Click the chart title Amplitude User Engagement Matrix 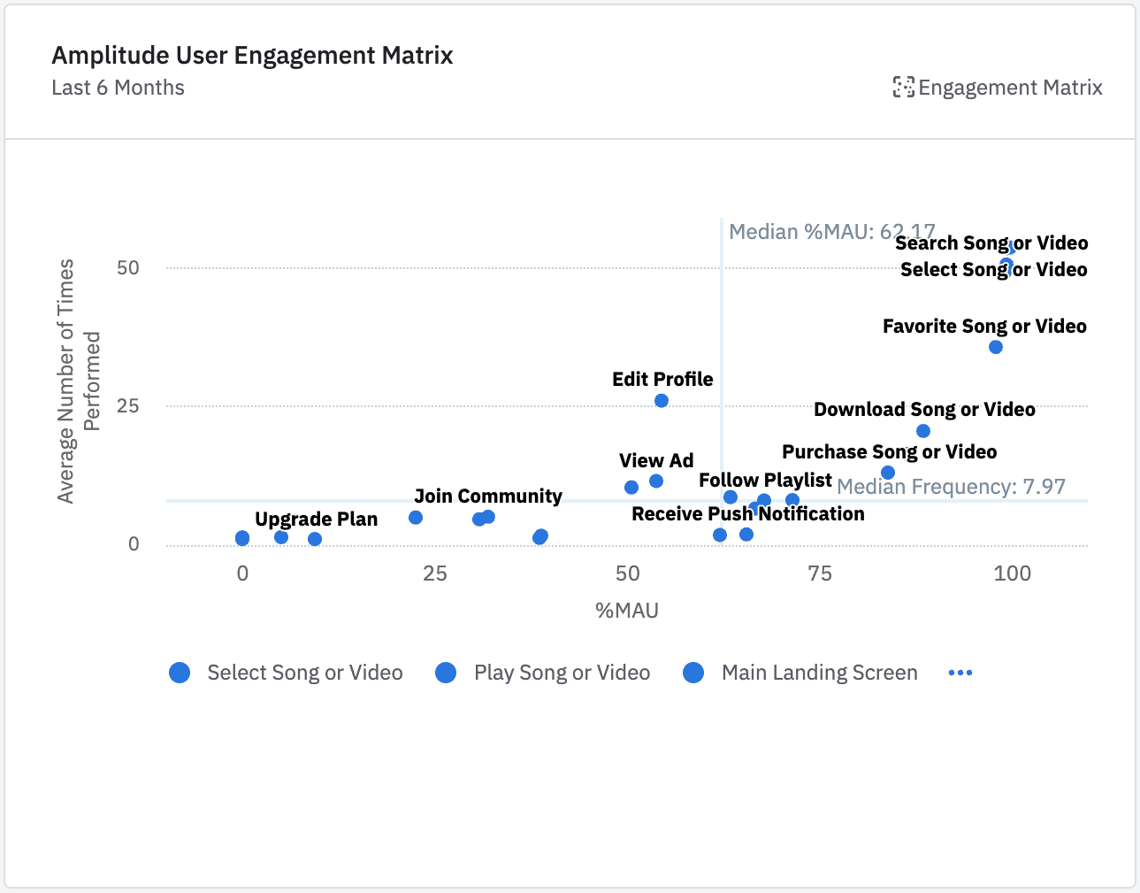coord(252,56)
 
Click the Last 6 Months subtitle coord(118,88)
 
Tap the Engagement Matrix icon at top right coord(903,87)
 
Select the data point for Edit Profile coord(662,401)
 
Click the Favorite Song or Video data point coord(996,347)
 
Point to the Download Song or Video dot coord(923,431)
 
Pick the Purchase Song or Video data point coord(888,473)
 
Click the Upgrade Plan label coord(316,520)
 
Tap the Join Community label coord(487,497)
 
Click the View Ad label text coord(656,461)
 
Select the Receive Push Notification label coord(747,514)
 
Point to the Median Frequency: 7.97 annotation coord(951,487)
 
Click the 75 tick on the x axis coord(820,574)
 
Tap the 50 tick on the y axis coord(128,268)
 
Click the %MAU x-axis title coord(627,611)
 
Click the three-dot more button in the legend coord(960,673)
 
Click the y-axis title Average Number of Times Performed coord(79,381)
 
